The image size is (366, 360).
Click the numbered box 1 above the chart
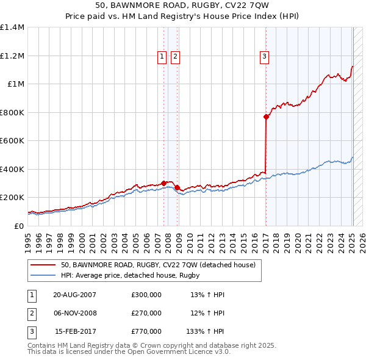(x=162, y=57)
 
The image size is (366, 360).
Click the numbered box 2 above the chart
(x=175, y=57)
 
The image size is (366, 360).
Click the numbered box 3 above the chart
(x=265, y=57)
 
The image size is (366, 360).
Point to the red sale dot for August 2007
(x=164, y=183)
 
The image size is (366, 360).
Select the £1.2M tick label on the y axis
(x=13, y=56)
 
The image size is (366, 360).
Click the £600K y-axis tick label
(x=12, y=140)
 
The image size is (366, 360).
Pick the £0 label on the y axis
(x=18, y=226)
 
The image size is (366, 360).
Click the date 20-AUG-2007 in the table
(x=74, y=295)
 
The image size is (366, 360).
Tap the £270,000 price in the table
(x=146, y=314)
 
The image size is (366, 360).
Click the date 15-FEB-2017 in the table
(x=75, y=333)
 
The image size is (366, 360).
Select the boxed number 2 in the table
(x=31, y=314)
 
